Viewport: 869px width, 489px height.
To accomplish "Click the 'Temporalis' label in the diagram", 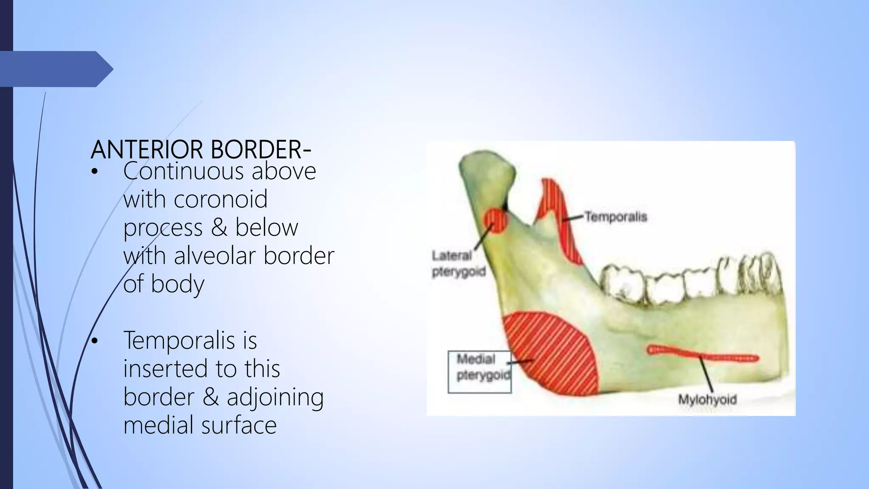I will [x=616, y=217].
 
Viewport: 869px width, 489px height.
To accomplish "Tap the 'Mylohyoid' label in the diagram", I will [x=707, y=400].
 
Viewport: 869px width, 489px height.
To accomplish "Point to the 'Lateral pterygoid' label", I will [x=458, y=264].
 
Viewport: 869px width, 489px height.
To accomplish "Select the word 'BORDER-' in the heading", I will [x=261, y=150].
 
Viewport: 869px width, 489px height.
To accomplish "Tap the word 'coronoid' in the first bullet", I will [x=221, y=199].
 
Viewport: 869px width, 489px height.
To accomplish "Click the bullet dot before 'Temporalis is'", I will [x=94, y=341].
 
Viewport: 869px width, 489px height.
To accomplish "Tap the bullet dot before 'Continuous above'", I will [x=94, y=171].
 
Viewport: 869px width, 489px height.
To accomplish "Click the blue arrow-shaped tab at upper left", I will [x=55, y=69].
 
